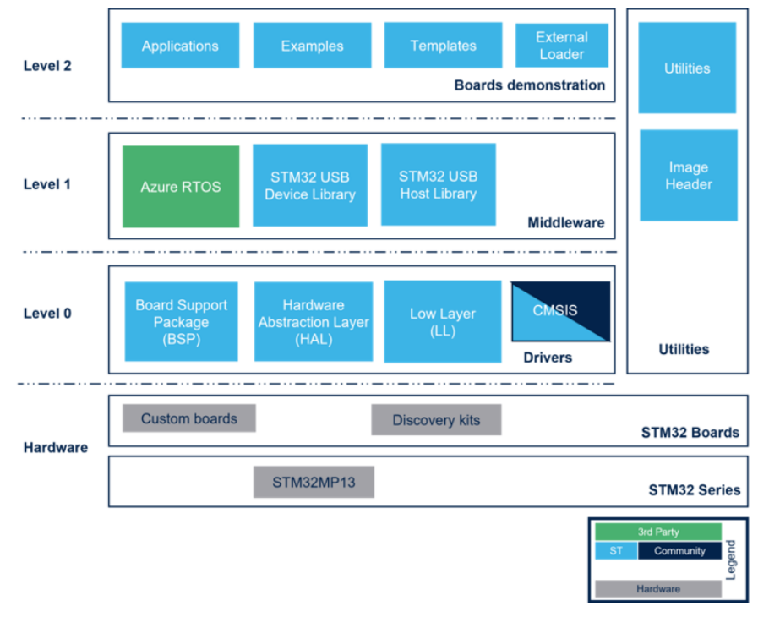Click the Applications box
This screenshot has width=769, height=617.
[x=180, y=45]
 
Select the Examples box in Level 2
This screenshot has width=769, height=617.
[x=312, y=45]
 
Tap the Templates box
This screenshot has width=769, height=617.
[x=443, y=45]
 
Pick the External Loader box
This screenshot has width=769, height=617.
[x=562, y=45]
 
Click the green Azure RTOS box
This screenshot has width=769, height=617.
[x=181, y=187]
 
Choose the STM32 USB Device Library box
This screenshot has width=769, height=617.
[x=310, y=185]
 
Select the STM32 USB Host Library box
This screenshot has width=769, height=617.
[x=438, y=184]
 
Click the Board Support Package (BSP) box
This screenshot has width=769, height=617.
[x=181, y=321]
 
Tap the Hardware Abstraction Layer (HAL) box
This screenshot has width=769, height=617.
[x=314, y=321]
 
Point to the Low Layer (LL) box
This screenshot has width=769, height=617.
[x=442, y=321]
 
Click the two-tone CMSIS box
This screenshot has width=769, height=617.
[x=560, y=311]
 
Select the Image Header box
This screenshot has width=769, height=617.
[x=688, y=175]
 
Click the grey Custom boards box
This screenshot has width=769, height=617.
[x=188, y=418]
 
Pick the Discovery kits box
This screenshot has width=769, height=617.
[x=436, y=420]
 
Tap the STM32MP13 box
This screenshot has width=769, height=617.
[x=314, y=482]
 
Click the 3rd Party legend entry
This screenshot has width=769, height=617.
[x=658, y=532]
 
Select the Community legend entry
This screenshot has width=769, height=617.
[x=679, y=551]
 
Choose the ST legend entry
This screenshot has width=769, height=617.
[x=616, y=551]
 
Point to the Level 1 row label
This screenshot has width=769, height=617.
[x=47, y=184]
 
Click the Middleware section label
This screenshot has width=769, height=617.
[x=566, y=222]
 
